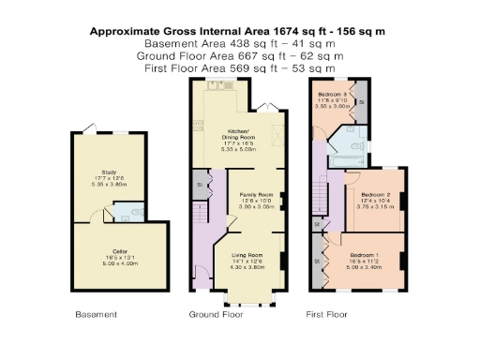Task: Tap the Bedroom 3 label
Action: [x=332, y=96]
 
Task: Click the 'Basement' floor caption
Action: [x=96, y=315]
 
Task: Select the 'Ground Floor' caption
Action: [x=216, y=315]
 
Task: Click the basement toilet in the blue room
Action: [x=138, y=213]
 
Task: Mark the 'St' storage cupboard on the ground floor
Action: [x=200, y=186]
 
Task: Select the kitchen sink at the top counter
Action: [x=227, y=84]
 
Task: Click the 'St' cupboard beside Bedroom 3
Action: [x=363, y=100]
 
